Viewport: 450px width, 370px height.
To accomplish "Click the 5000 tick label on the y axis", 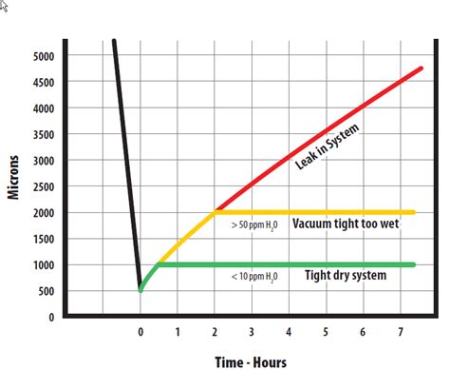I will (43, 56).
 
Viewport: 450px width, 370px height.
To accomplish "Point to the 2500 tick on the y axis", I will (43, 186).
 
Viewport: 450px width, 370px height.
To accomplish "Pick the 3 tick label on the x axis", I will (252, 332).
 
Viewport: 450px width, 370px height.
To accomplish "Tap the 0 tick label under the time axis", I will (140, 332).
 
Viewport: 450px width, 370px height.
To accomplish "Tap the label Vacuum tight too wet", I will (346, 224).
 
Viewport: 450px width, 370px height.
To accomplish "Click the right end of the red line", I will (422, 69).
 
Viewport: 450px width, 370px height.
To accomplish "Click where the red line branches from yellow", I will (216, 211).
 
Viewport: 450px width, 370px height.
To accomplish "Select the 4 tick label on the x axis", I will (289, 332).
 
